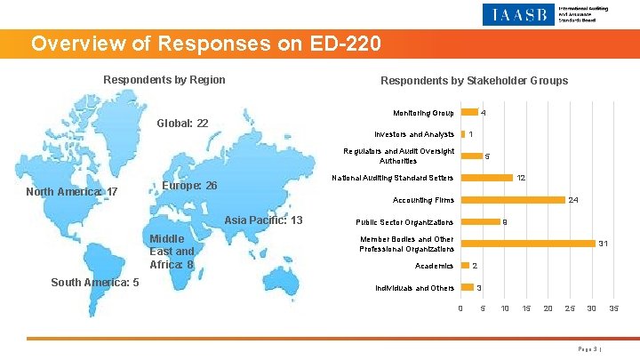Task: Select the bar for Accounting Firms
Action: pos(513,200)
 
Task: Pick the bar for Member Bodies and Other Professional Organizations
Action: pos(528,244)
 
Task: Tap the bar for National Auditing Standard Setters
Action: pos(487,178)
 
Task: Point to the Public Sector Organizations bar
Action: pos(479,221)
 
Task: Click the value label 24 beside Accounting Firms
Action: pos(573,201)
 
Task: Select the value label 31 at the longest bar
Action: pos(604,244)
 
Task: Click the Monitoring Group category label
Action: pos(423,113)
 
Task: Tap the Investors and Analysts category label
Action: pos(414,134)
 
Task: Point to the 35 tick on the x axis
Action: pos(613,308)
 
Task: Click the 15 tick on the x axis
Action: pos(526,308)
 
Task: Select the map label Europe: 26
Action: pos(192,187)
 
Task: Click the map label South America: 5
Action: pos(94,283)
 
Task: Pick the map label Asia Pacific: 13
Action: pos(264,220)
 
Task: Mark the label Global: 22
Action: pos(182,123)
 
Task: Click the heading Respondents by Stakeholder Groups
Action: pos(474,81)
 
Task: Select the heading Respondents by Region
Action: pos(164,80)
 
